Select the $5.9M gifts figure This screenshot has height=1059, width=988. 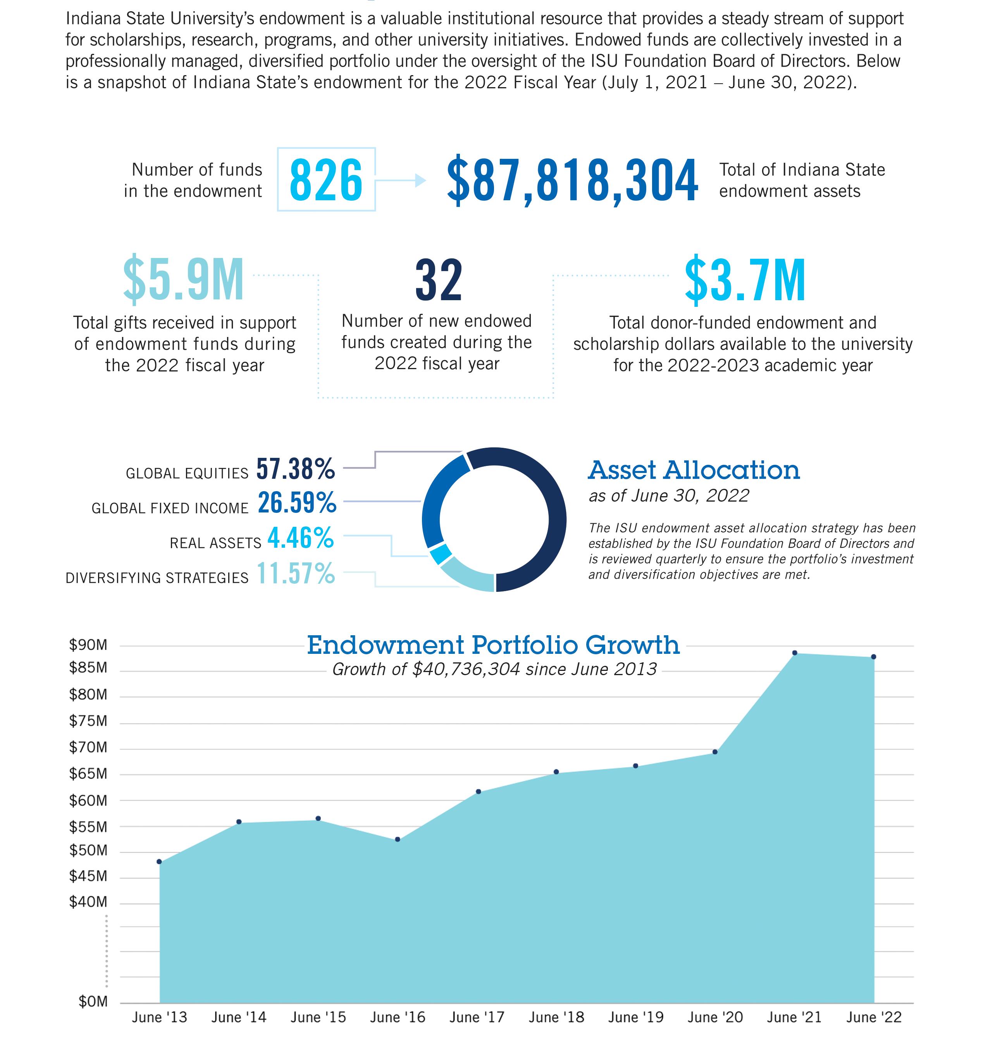183,280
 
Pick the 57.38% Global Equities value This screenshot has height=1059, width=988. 296,469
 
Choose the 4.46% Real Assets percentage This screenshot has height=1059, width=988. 301,538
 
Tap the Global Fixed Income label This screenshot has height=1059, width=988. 170,508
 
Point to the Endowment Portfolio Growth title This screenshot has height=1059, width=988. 493,645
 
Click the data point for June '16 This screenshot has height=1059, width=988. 398,839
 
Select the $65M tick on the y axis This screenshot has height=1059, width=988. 88,774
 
